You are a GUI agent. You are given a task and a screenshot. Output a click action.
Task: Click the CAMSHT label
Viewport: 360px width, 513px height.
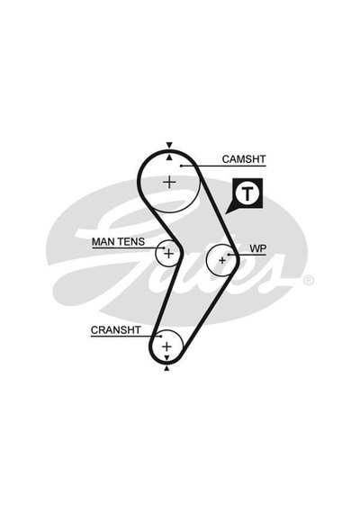244,159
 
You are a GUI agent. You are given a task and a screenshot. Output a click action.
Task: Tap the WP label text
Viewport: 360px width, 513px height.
258,248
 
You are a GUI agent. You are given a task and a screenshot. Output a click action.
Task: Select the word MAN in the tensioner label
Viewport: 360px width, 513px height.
103,242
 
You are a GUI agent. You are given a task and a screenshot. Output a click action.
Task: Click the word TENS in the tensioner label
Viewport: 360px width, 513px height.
131,242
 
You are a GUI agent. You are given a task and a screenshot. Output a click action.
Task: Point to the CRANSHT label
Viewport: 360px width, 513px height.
115,330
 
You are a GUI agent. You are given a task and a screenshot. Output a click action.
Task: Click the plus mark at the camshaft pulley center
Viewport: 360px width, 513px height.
169,182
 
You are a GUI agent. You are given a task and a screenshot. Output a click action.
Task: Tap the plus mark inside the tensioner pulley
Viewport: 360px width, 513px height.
168,253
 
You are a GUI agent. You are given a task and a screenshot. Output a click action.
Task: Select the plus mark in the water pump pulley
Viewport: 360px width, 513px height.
222,260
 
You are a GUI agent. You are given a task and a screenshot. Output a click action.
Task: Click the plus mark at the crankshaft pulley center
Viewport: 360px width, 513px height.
166,346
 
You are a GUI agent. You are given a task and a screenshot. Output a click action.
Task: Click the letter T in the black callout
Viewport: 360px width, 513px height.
247,193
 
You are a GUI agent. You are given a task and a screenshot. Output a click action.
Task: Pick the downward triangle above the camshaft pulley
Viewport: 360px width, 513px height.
169,145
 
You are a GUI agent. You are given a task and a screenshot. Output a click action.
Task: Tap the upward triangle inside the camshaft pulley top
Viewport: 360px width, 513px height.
169,157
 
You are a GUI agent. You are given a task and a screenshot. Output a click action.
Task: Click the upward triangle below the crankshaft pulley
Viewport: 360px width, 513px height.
166,369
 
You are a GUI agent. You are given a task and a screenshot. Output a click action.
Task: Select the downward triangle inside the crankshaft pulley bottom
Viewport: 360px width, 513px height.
166,357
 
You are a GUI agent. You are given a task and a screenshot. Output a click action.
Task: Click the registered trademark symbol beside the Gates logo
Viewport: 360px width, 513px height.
309,281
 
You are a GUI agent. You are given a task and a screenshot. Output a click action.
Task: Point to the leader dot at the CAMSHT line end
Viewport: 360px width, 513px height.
181,166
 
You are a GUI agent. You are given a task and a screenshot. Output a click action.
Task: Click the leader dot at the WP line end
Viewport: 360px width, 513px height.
229,254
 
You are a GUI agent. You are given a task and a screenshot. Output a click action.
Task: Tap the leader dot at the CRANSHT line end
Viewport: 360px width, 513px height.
161,336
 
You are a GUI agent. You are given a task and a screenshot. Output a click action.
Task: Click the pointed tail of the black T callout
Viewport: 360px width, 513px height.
226,214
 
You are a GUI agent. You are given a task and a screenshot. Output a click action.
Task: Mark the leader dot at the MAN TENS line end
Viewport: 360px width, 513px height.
163,248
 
